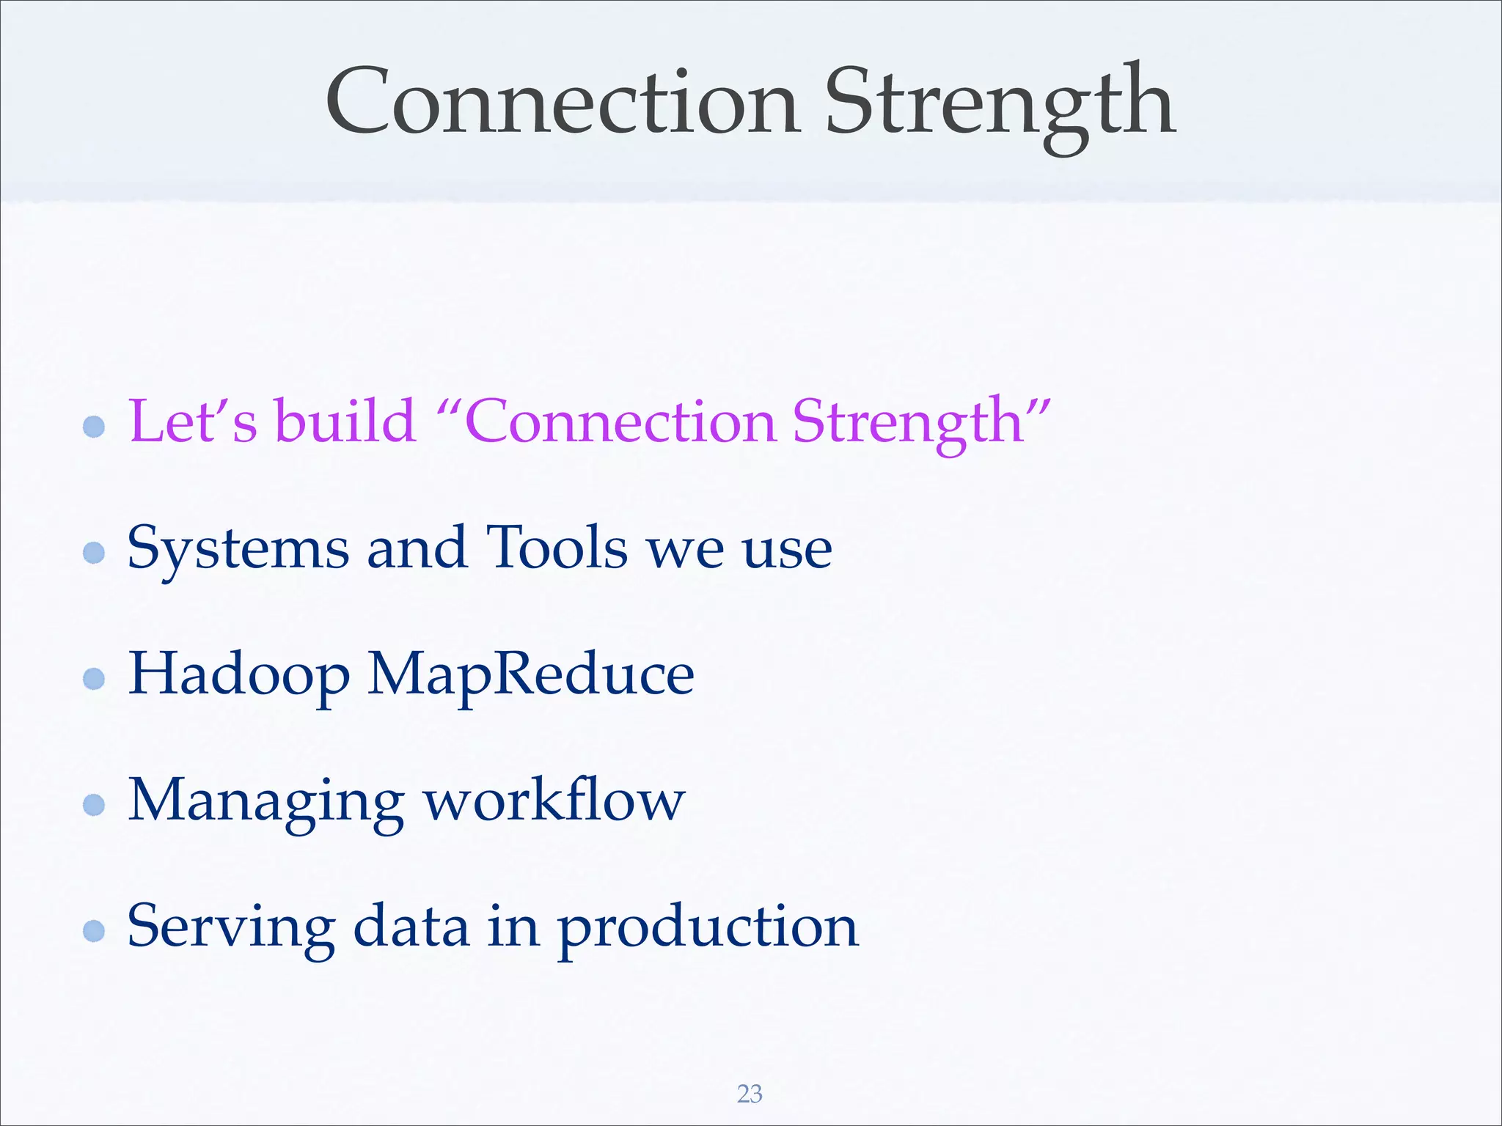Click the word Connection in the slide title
tap(562, 103)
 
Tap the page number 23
tap(750, 1094)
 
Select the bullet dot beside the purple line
tap(94, 426)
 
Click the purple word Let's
tap(193, 422)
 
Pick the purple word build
tap(345, 422)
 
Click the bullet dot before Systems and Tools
tap(94, 552)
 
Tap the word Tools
tap(557, 548)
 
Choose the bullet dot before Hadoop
tap(94, 678)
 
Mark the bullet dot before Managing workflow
tap(94, 805)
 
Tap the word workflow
tap(554, 801)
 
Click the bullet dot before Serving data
tap(94, 931)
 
